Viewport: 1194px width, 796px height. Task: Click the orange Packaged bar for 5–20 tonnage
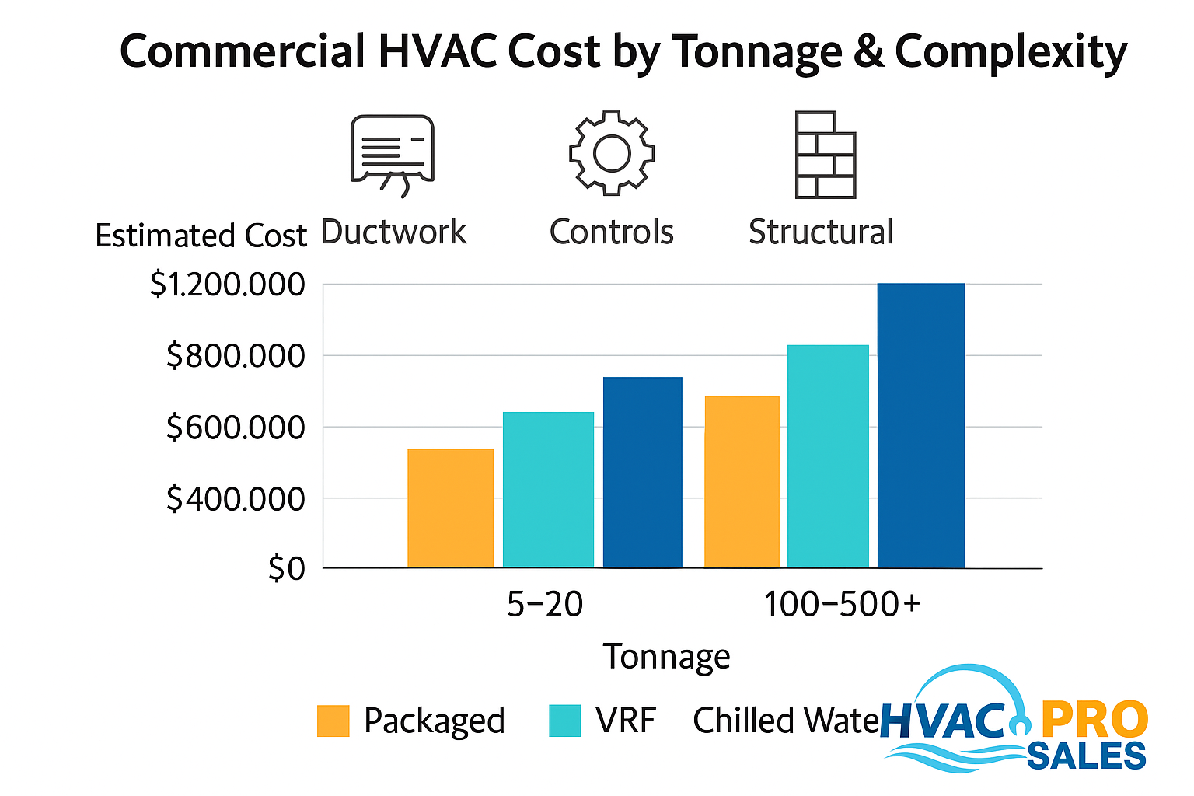coord(450,508)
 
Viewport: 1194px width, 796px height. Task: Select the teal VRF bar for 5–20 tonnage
coord(548,490)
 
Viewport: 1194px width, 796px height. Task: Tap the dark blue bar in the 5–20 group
coord(643,473)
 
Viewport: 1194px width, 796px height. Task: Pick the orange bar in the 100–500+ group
coord(742,482)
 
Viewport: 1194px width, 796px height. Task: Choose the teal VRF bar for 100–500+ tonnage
coord(828,456)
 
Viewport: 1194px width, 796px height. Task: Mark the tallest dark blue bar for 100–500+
coord(921,425)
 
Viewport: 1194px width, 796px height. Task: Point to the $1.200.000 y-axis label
coord(228,285)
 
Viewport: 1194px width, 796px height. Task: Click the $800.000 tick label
coord(236,356)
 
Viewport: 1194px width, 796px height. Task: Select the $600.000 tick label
coord(236,428)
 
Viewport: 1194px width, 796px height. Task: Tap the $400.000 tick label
coord(236,499)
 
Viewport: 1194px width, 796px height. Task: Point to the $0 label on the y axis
coord(286,570)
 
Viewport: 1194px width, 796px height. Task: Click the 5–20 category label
coord(545,605)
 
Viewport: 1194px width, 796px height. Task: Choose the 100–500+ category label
coord(842,605)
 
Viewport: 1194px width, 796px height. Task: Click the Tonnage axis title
coord(667,657)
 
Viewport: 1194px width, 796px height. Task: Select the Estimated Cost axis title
coord(201,236)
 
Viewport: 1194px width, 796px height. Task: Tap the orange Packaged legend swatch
coord(333,721)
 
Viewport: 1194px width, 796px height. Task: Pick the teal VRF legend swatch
coord(564,721)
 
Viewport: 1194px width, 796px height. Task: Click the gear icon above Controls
coord(612,152)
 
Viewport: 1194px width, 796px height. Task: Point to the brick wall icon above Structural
coord(825,155)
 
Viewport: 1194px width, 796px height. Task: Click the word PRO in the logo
coord(1094,720)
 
